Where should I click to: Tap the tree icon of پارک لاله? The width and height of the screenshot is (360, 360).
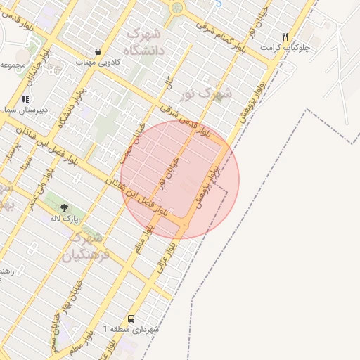[x=64, y=207]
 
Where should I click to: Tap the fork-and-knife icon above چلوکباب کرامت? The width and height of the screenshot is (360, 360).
[x=285, y=37]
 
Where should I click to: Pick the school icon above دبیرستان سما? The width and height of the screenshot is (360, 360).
[x=26, y=100]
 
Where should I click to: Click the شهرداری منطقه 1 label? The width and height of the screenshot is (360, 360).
[x=131, y=329]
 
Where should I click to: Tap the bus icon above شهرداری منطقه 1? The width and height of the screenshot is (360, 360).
[x=131, y=318]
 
